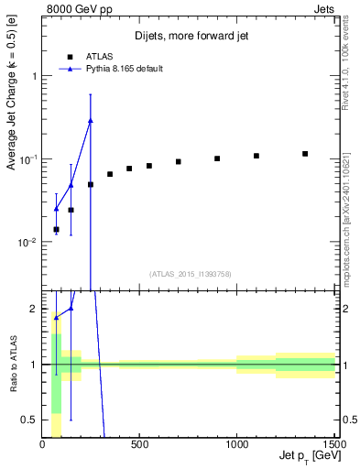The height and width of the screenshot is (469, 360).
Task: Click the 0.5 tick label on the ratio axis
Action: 29,420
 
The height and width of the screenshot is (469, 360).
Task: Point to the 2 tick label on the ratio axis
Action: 33,310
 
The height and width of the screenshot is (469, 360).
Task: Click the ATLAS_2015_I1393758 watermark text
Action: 190,273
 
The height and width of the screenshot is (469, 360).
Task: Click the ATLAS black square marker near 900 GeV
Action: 217,158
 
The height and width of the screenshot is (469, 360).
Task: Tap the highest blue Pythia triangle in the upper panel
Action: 91,120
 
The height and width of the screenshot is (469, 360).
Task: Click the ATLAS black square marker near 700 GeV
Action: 179,162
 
